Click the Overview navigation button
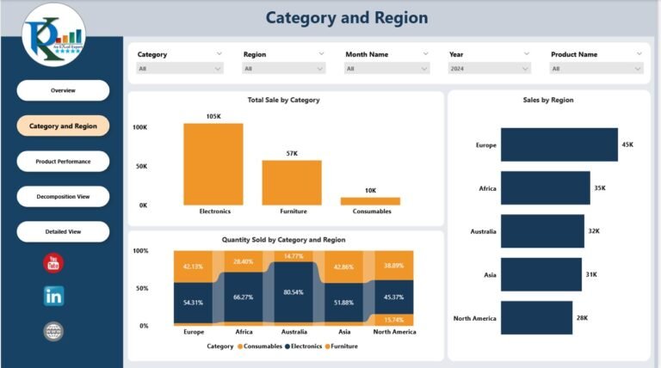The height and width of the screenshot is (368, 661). [x=63, y=90]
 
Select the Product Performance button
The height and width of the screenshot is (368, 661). [x=63, y=162]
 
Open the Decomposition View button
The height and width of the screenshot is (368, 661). [x=63, y=197]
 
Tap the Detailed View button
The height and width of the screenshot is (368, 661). [x=63, y=232]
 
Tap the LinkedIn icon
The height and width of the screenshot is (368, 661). [x=53, y=297]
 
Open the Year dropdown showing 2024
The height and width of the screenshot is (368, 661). [x=490, y=69]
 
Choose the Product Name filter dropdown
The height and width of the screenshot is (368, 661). [x=596, y=69]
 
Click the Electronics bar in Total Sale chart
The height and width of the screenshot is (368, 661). [x=213, y=164]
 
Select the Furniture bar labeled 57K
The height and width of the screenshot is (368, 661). [x=292, y=182]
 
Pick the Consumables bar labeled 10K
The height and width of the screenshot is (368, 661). [x=370, y=201]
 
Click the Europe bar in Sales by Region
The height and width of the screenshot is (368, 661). [x=559, y=145]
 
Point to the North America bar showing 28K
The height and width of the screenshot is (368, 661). [x=536, y=318]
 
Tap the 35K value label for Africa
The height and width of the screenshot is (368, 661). [x=600, y=188]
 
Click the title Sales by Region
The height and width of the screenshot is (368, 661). [x=548, y=100]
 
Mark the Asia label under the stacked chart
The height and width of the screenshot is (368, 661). [x=343, y=332]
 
